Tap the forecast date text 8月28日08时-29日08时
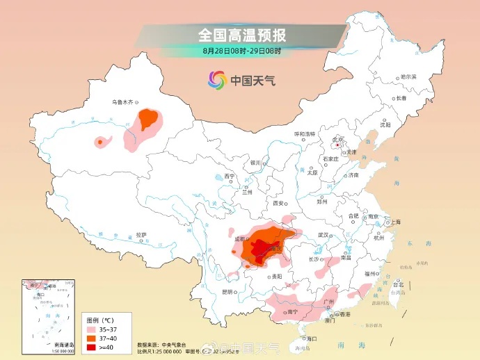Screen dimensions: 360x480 coord(241,51)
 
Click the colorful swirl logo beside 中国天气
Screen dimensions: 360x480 coord(217,80)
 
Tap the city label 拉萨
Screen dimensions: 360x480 coord(141,235)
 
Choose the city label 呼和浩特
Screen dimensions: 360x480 coord(304,133)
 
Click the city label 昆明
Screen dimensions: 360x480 coord(227,291)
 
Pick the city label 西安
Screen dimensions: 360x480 coord(279,204)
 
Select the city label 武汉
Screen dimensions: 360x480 coord(323,235)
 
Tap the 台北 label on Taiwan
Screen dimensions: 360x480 coord(398,284)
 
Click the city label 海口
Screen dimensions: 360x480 coord(310,338)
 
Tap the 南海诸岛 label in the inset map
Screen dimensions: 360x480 coord(64,345)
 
